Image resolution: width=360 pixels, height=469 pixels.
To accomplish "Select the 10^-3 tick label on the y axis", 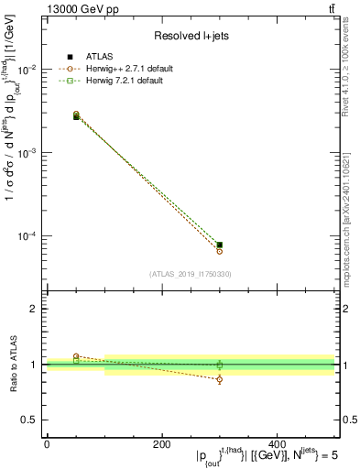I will click(x=27, y=153).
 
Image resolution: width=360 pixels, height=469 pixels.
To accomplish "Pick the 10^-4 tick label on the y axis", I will click(x=27, y=236).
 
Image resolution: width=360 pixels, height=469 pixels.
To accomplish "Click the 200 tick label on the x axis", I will click(x=161, y=443).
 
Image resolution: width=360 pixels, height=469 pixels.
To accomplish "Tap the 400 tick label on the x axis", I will click(x=277, y=443).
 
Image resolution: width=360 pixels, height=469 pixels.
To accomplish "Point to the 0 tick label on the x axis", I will click(x=47, y=443).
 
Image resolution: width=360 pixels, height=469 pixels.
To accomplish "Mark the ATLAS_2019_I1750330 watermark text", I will click(x=191, y=273).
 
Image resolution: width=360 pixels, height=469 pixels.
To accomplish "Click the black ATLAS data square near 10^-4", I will click(x=220, y=245).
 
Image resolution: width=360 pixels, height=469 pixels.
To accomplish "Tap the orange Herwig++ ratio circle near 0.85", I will click(x=220, y=379).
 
